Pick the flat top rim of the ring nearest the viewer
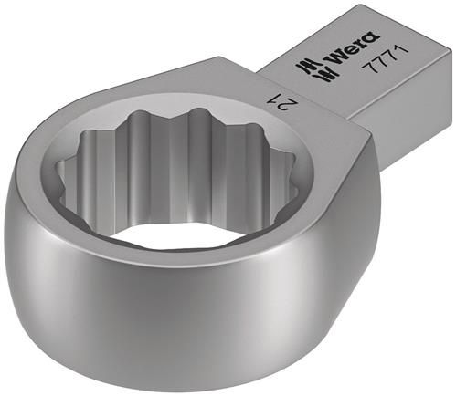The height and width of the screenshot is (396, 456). click(228, 260)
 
